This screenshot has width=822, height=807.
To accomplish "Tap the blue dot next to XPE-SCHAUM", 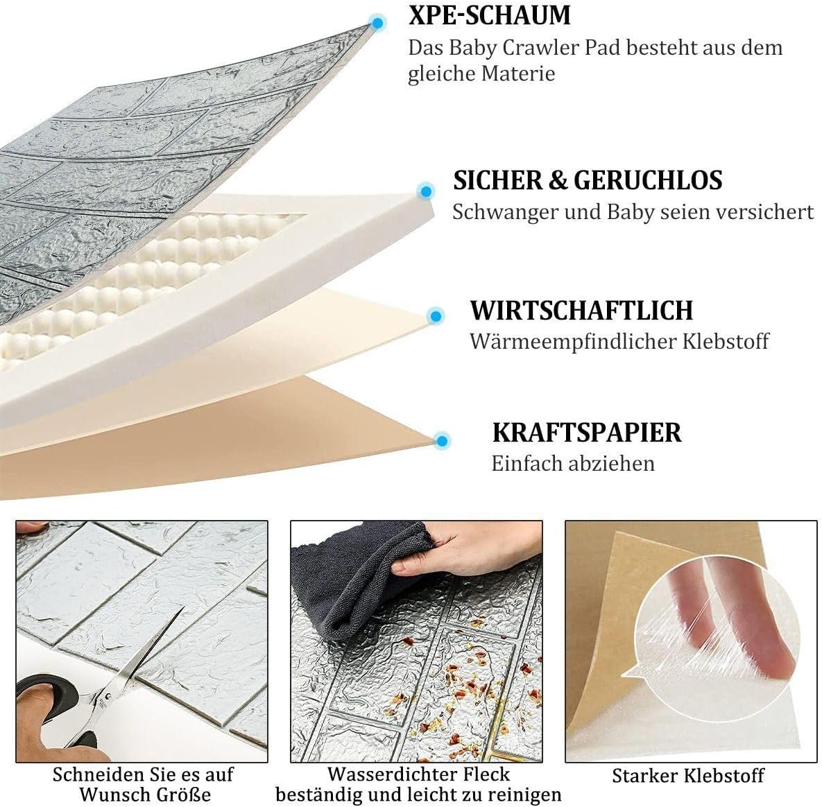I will [377, 23].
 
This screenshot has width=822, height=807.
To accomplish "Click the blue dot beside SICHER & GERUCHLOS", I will [426, 191].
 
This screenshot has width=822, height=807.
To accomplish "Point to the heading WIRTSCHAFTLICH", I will [581, 310].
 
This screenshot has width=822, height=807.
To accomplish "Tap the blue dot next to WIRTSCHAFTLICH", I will [436, 316].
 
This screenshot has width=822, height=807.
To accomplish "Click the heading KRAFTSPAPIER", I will [587, 432].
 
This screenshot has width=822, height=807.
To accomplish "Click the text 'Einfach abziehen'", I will [573, 463].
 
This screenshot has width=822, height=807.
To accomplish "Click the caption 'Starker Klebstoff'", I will [688, 776].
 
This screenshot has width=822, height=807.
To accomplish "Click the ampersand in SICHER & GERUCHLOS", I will [557, 181].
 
